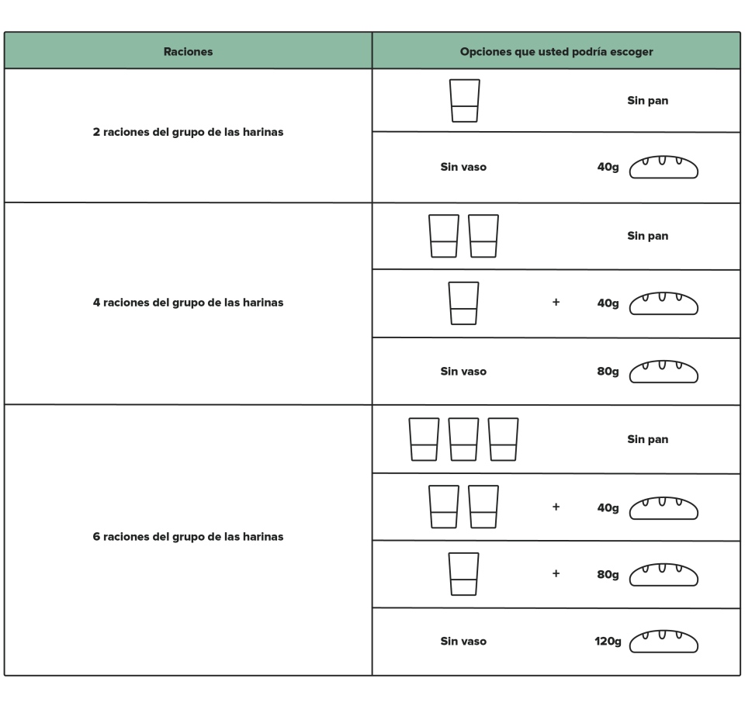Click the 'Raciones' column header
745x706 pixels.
click(x=188, y=51)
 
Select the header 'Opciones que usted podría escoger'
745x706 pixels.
click(x=556, y=51)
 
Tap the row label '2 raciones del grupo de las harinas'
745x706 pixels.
click(x=188, y=132)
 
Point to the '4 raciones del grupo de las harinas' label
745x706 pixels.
click(x=188, y=302)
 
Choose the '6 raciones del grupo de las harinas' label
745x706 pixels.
click(x=188, y=536)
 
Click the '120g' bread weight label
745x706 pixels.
click(x=608, y=642)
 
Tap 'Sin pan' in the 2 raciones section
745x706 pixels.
click(x=647, y=100)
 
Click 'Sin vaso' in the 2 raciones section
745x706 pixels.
click(x=463, y=167)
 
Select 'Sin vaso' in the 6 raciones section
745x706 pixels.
click(x=463, y=641)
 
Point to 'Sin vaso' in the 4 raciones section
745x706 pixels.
click(x=463, y=371)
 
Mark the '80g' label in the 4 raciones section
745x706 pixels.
click(x=608, y=371)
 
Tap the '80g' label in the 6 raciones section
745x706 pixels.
click(x=608, y=574)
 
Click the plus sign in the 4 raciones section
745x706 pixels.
click(x=556, y=302)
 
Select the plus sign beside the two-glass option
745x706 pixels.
click(x=556, y=507)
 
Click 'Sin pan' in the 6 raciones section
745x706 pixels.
click(x=647, y=439)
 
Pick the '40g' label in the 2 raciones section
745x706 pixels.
click(x=608, y=167)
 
